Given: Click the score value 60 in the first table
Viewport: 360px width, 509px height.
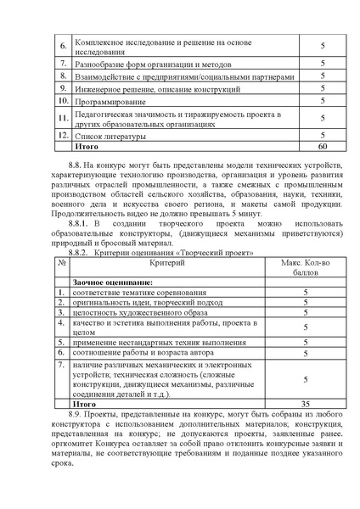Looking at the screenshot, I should (x=322, y=146).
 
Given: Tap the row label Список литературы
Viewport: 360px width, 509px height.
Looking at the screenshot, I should (x=110, y=135).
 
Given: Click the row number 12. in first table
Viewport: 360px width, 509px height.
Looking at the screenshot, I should (x=62, y=135).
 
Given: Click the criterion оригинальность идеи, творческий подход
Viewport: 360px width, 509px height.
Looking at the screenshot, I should (x=142, y=302).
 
